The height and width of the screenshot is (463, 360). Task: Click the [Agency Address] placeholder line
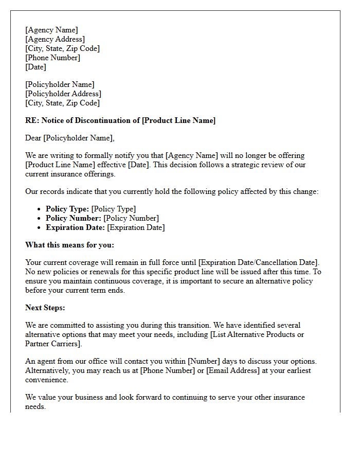click(x=55, y=39)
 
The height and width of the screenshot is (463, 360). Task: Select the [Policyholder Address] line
click(x=63, y=94)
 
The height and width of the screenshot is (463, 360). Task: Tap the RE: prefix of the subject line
click(x=31, y=120)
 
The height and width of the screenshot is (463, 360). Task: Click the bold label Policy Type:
click(x=67, y=209)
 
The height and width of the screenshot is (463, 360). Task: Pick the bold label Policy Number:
click(x=74, y=218)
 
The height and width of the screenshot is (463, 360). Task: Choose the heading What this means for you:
click(x=70, y=245)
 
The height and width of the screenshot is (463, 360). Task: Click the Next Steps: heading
click(x=45, y=308)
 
